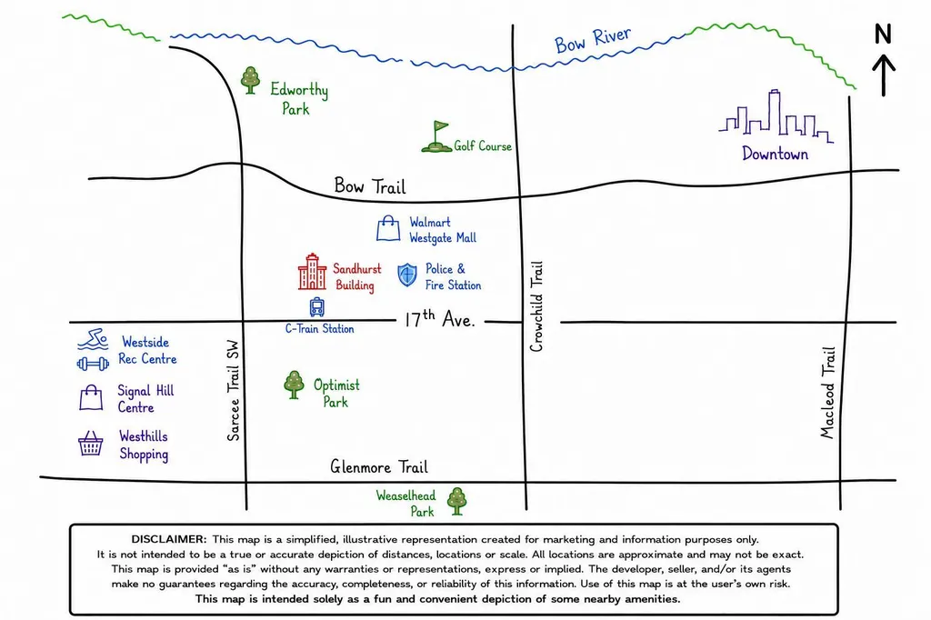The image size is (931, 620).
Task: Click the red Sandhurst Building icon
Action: tap(313, 272)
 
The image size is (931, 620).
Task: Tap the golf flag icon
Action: tap(437, 137)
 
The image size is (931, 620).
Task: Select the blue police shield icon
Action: tap(407, 275)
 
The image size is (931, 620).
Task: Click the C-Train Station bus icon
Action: tap(317, 307)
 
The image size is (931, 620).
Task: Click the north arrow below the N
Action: tap(884, 75)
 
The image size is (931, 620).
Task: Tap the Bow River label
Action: tap(593, 40)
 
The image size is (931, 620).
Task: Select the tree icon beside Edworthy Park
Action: tap(251, 80)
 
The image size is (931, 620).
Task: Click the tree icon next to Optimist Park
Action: tap(294, 385)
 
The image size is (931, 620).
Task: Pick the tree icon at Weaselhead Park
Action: tap(456, 501)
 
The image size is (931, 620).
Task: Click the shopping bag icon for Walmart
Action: tap(388, 229)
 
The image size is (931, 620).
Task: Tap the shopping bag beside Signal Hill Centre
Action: tap(91, 397)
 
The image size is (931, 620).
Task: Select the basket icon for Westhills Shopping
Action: tap(90, 443)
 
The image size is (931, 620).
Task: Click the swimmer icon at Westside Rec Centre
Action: tap(94, 339)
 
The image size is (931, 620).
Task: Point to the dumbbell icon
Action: tap(94, 364)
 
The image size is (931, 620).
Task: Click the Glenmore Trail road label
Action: tap(379, 466)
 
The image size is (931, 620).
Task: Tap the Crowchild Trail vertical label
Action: tap(536, 306)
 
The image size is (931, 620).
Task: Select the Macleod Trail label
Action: tap(827, 393)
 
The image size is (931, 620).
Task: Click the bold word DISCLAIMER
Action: tap(169, 539)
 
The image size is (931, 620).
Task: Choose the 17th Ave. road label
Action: tap(440, 319)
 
